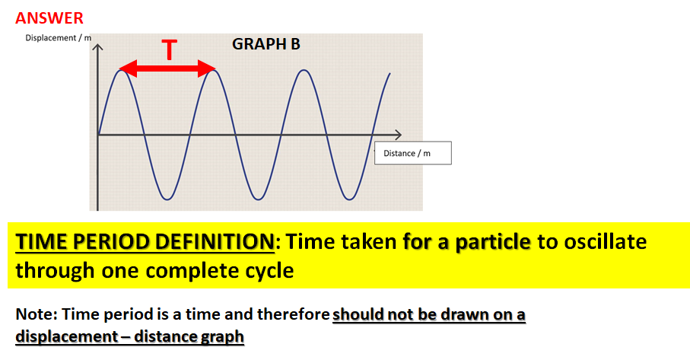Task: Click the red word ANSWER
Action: pos(49,18)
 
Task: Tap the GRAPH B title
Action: pos(266,44)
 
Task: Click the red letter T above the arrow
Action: pos(170,51)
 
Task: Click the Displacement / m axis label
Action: pos(59,38)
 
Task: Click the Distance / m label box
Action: pos(413,153)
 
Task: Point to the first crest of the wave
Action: pos(121,70)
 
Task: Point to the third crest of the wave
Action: pos(304,70)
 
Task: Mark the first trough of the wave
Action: pos(167,199)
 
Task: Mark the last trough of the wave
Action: pos(349,199)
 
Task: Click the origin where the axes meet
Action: pos(98,135)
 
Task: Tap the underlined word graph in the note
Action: pos(221,336)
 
